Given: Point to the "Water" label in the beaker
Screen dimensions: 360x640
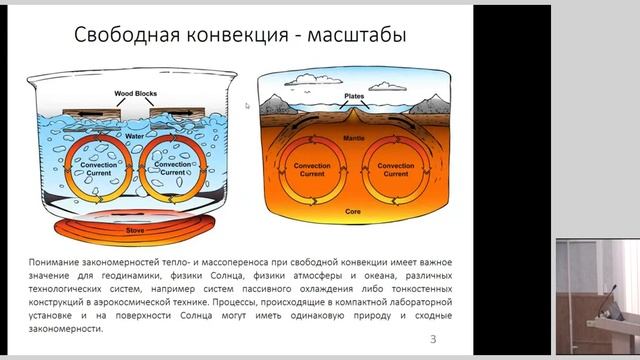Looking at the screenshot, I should (x=137, y=133).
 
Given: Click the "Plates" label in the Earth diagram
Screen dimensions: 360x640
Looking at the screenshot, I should (x=354, y=97).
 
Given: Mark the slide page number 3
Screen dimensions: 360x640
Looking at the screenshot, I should (x=432, y=338).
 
